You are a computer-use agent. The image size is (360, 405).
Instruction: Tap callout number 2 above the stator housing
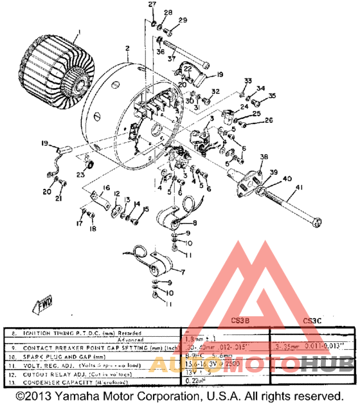point(127,49)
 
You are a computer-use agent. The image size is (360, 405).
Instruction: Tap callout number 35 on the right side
point(271,96)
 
